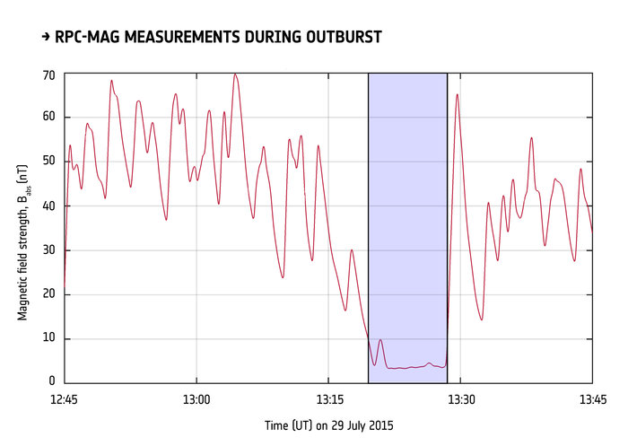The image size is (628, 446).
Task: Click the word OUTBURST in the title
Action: coord(335,37)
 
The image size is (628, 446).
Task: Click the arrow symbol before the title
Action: coord(46,37)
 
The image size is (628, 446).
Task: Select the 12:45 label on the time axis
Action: coord(64,398)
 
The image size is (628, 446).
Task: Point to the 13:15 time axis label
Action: coord(328,398)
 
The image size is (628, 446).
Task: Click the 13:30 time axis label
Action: coord(460,398)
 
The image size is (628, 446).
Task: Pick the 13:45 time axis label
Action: coord(592,398)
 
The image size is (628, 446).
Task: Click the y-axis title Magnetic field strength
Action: coord(22,229)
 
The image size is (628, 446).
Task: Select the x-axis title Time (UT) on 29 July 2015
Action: coord(328,425)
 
